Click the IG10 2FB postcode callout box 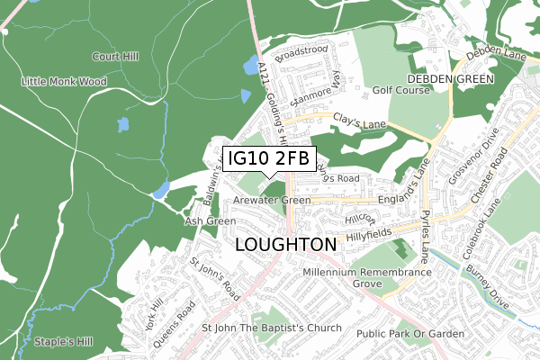point(269,158)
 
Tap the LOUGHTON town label point(286,245)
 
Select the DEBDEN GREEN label point(451,79)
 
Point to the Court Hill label point(115,57)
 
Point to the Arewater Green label point(271,200)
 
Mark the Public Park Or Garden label point(409,334)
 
